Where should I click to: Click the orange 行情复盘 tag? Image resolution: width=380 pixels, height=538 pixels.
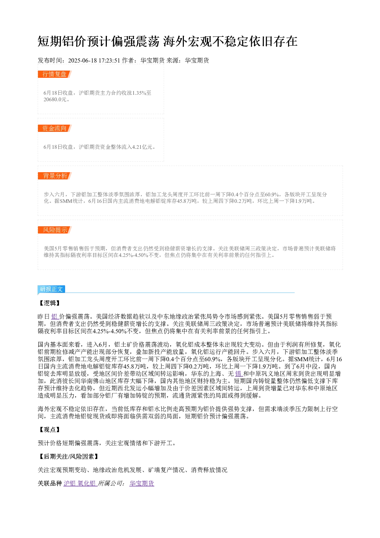(x=54, y=74)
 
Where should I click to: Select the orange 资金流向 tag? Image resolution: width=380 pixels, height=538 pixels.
(x=54, y=128)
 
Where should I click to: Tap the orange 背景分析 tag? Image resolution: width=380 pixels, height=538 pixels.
(x=54, y=176)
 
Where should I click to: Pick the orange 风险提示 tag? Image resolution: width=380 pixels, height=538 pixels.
(x=54, y=230)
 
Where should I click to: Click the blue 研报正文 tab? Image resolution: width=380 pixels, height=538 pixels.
(x=51, y=289)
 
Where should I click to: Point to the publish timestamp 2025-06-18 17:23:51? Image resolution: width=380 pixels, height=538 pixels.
(x=94, y=60)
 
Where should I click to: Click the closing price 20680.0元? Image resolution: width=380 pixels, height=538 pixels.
(x=55, y=99)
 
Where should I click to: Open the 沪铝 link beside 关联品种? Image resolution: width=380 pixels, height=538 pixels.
(x=70, y=484)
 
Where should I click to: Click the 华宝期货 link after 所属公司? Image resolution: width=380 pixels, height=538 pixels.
(x=142, y=484)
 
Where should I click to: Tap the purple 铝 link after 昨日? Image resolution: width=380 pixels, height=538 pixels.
(x=54, y=317)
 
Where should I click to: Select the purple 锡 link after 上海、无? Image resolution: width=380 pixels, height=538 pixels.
(x=238, y=374)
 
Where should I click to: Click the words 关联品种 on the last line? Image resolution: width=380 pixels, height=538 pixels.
(x=50, y=484)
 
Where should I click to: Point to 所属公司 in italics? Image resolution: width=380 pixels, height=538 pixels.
(x=110, y=484)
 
